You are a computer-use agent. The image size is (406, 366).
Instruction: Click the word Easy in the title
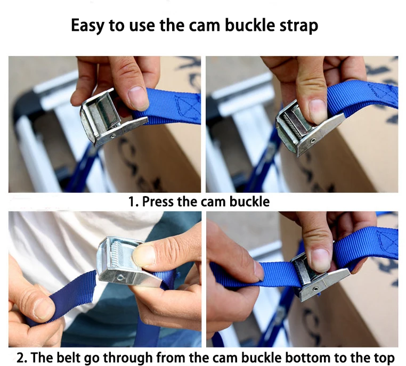click(x=88, y=26)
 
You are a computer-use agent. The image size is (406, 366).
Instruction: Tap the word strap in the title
click(x=296, y=26)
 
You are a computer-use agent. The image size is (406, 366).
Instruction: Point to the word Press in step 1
click(x=160, y=202)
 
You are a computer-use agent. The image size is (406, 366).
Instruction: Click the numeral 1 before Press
click(x=131, y=202)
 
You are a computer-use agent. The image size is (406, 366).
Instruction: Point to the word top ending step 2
click(x=382, y=356)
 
